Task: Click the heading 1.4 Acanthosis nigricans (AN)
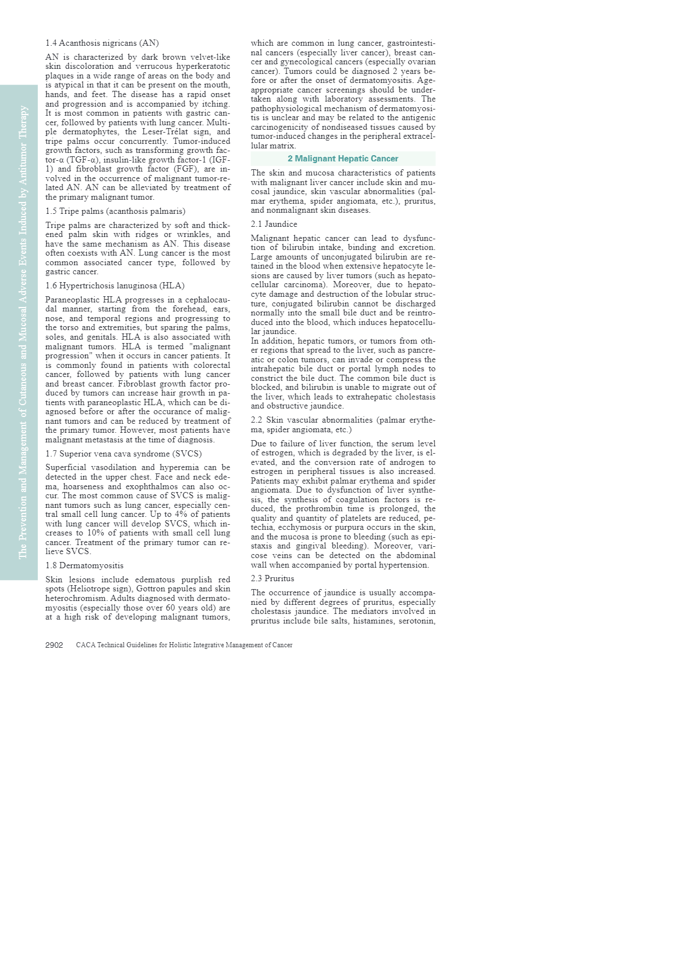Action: [102, 43]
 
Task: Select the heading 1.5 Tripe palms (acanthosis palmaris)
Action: [115, 212]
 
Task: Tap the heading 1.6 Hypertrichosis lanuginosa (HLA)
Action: [115, 286]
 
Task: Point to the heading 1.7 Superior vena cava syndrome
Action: [124, 454]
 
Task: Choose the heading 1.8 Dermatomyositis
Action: [85, 565]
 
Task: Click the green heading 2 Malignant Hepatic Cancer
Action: [343, 159]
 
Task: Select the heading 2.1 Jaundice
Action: [274, 224]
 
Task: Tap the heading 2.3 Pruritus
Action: [272, 578]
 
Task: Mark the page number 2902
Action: [54, 645]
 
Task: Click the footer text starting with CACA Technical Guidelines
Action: [184, 645]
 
